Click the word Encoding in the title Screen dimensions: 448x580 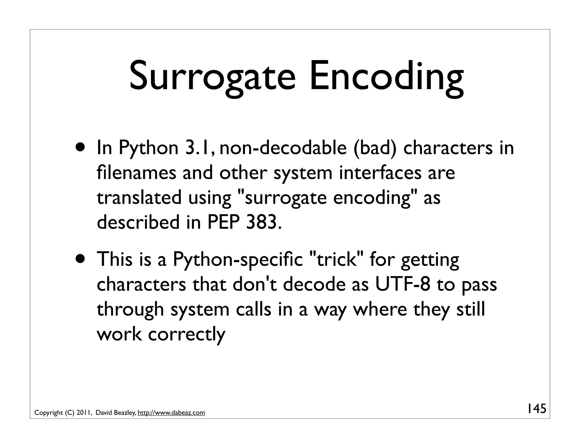coord(386,77)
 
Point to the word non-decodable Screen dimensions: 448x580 coord(283,148)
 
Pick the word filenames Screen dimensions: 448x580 coord(136,172)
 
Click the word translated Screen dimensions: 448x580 coord(139,197)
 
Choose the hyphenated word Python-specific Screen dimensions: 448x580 coord(238,259)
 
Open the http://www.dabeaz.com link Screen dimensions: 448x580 coord(171,413)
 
